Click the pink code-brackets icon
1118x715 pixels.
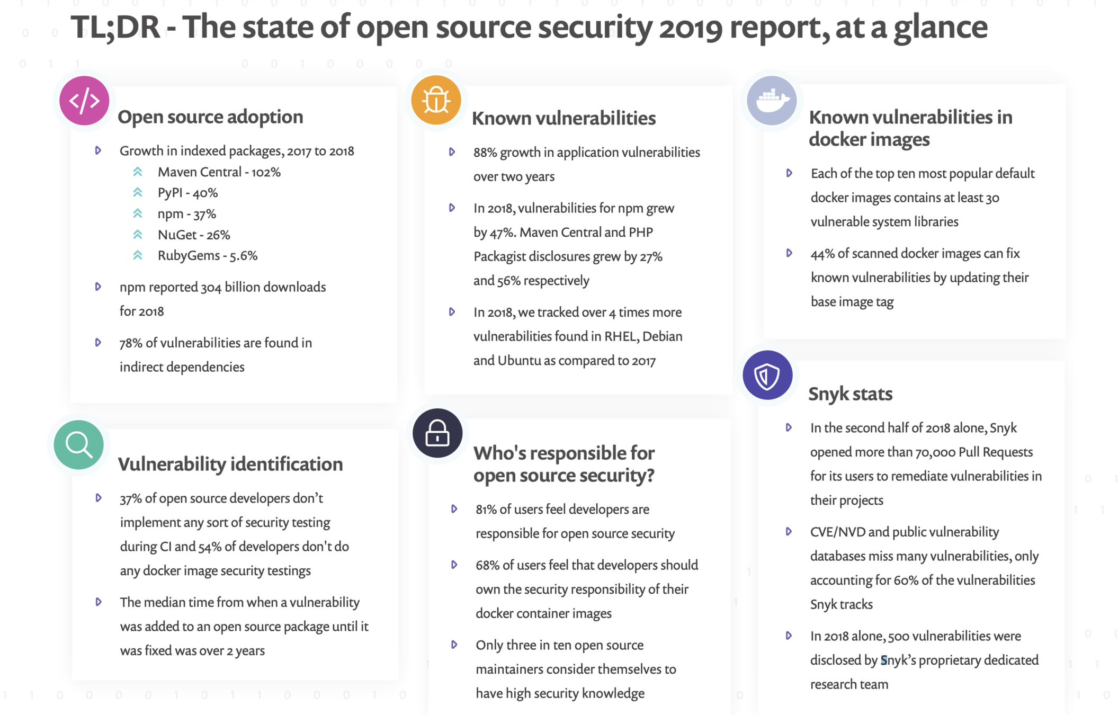(84, 101)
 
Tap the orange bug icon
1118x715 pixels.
(436, 100)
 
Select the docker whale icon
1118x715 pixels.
(772, 100)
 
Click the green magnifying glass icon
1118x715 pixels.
(78, 444)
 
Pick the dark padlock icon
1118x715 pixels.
(437, 433)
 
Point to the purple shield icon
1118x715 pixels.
(767, 376)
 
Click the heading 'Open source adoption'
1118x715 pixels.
(210, 117)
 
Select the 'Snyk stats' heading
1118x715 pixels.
(850, 394)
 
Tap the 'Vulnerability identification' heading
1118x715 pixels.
(230, 464)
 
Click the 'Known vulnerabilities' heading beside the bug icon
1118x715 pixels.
(564, 118)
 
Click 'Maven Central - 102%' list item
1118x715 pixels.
(219, 172)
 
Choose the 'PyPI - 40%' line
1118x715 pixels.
(187, 193)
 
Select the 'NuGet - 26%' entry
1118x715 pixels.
(193, 235)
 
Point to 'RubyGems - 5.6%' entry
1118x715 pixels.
(207, 255)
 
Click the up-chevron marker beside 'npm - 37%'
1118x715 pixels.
(138, 213)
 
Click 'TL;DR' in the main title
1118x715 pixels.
(115, 28)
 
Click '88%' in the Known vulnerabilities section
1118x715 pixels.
(485, 153)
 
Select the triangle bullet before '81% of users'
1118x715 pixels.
(454, 509)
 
